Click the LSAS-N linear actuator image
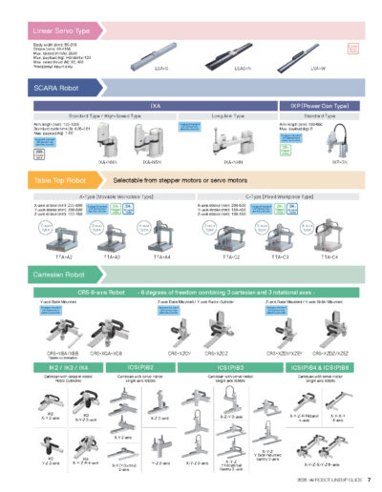243,53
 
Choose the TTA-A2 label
71,256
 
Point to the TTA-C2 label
229,256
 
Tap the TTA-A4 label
160,256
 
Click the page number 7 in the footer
368,479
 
